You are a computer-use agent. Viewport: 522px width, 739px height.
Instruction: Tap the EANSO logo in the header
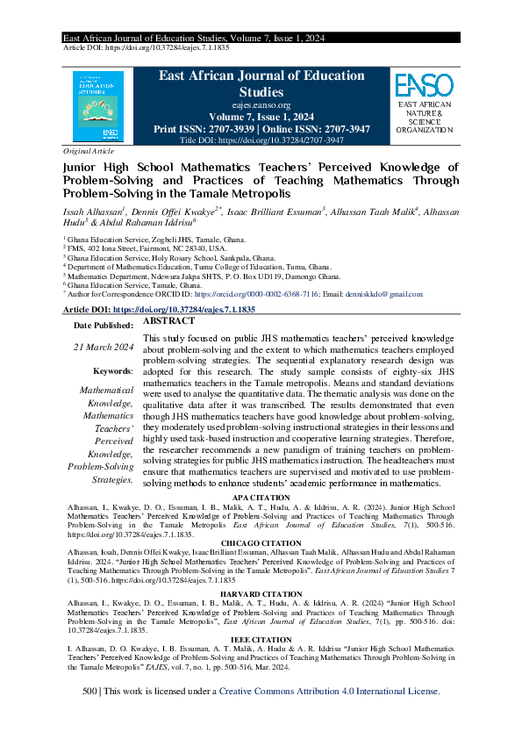click(424, 86)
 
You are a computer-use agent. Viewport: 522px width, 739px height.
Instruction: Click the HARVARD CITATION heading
click(260, 594)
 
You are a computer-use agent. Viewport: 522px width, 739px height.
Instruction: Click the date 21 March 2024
click(104, 348)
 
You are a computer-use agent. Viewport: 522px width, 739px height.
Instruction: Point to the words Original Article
click(83, 151)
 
